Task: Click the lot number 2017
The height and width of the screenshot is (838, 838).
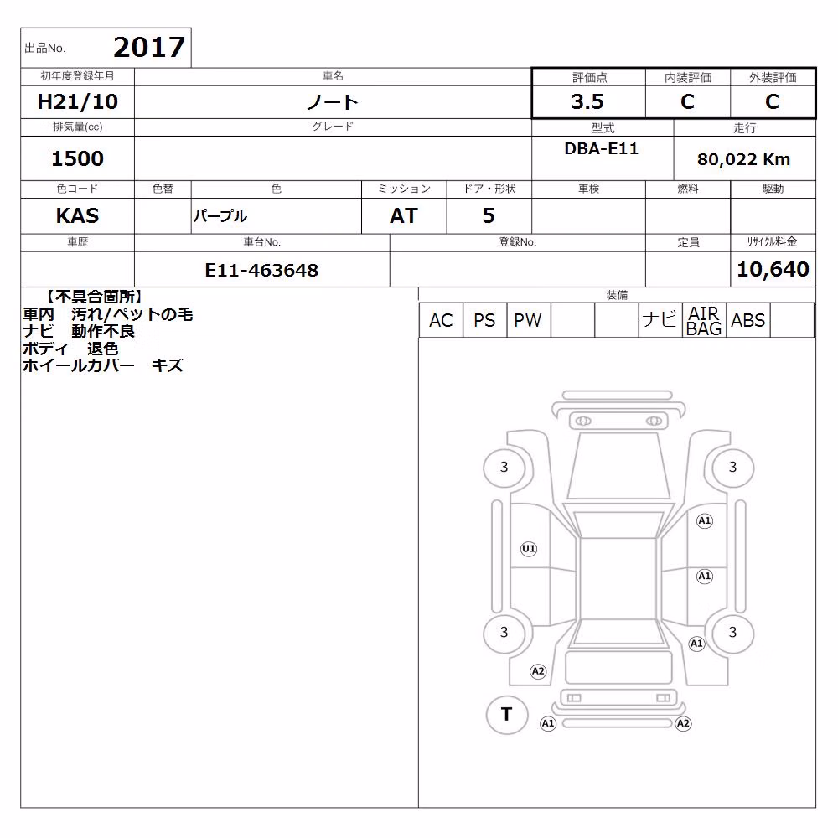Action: coord(149,48)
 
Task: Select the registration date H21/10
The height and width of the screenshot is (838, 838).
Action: coord(77,101)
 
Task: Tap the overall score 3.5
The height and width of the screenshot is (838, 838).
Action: coord(587,101)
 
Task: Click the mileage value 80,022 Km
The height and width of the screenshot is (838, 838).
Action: coord(743,159)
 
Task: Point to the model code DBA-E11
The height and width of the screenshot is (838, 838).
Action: coord(601,148)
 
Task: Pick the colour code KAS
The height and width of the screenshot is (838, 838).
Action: coord(77,216)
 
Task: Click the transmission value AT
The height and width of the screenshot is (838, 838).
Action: coord(404,216)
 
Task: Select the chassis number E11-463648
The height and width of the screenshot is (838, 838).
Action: coord(261,271)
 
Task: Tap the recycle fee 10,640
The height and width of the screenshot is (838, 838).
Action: coord(773,269)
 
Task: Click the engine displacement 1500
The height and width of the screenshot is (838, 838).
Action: coord(77,158)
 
